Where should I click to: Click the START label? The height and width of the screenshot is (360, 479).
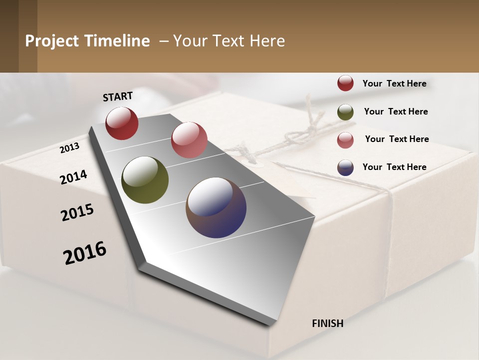coord(118,96)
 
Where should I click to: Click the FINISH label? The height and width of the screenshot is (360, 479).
coord(328,323)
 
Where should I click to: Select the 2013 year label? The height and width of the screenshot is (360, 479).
coord(70,147)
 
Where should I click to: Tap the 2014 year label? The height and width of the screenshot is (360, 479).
coord(73,177)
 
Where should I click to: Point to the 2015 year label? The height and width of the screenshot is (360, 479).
coord(77,212)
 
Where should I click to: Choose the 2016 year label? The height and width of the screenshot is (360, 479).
coord(85,252)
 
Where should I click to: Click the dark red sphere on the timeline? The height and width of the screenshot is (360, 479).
coord(122,123)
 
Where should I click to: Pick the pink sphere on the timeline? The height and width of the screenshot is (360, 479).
coord(189,139)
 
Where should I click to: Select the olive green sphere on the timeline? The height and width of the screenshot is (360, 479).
coord(145,180)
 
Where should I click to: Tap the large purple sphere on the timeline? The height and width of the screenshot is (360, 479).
coord(216,207)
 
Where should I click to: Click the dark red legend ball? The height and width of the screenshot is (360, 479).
coord(345,83)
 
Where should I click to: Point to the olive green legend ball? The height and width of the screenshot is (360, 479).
coord(345,112)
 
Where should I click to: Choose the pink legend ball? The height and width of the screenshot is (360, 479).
coord(345,139)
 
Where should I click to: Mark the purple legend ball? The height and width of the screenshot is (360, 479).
coord(345,167)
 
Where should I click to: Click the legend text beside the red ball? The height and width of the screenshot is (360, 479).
coord(394,83)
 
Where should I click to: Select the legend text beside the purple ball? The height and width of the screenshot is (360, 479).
coord(394,167)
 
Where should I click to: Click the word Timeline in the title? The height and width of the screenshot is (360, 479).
coord(117,41)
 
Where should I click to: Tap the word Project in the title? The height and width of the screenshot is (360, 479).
coord(52,41)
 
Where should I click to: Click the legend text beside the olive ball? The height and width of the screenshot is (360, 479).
coord(396,111)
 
